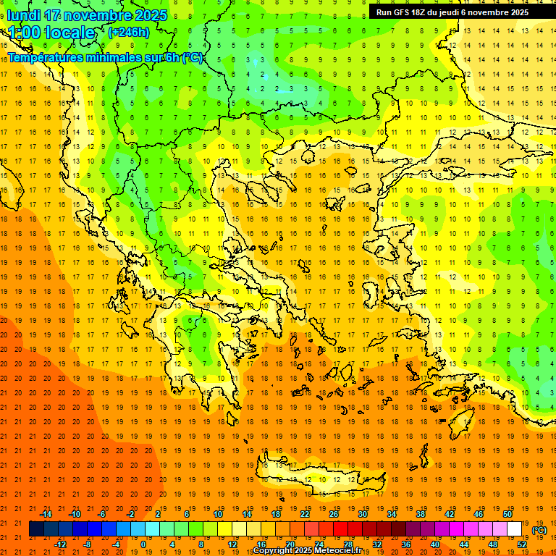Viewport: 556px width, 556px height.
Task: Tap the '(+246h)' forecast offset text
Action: point(128,32)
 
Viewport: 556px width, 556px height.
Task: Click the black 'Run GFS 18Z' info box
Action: point(452,12)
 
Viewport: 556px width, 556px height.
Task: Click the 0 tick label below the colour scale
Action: point(143,544)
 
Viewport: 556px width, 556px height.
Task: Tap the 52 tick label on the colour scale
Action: point(522,544)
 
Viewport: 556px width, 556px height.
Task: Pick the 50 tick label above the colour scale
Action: point(507,514)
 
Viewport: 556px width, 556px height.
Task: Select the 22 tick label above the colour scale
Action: point(305,514)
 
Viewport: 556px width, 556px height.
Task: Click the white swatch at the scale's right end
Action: point(515,529)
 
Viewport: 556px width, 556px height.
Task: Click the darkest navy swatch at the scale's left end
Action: point(36,529)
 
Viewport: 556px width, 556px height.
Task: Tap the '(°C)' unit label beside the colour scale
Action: point(539,530)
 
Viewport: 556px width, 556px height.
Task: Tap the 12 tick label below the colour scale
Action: point(232,544)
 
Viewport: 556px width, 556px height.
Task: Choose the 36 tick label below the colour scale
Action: point(406,544)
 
